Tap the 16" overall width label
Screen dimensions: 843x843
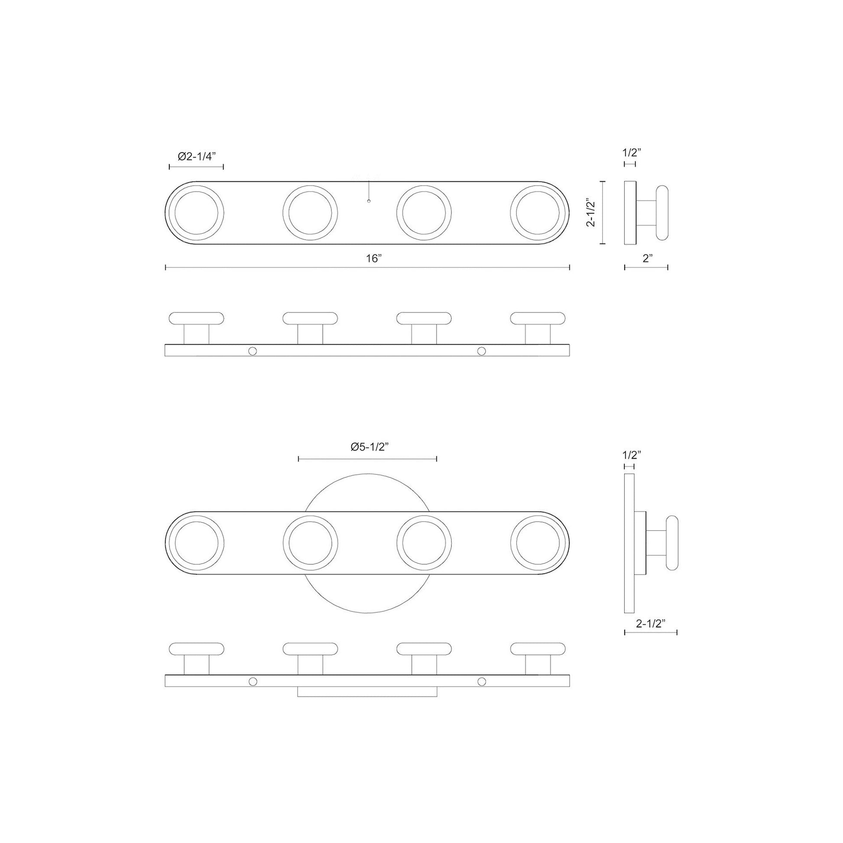(x=374, y=258)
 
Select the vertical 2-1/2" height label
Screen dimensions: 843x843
(x=591, y=213)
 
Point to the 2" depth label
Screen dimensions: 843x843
(x=648, y=258)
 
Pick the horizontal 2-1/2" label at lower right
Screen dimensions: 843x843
(x=651, y=623)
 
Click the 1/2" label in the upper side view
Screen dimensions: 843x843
(x=631, y=152)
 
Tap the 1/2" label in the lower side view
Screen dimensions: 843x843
(x=631, y=456)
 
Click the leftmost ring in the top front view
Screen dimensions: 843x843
(x=196, y=213)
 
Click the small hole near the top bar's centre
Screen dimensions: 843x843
(x=369, y=201)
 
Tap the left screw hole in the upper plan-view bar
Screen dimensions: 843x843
(x=252, y=351)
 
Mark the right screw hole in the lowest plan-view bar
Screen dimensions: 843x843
(x=481, y=681)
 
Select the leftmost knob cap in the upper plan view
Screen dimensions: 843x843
(x=196, y=318)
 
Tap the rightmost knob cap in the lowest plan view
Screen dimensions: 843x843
(x=538, y=649)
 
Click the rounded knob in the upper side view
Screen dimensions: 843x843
(x=662, y=213)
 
